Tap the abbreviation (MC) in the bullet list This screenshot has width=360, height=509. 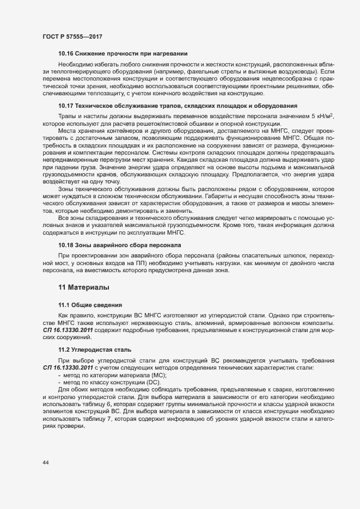point(157,376)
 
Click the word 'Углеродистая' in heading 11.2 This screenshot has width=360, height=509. point(90,348)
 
